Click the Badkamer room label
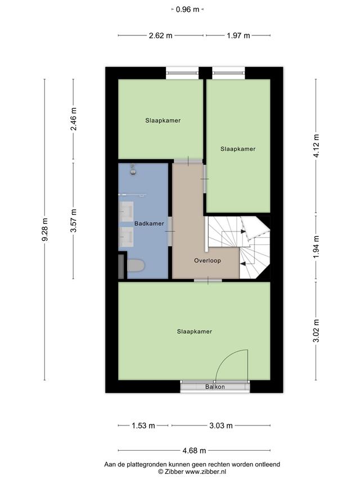click(x=149, y=224)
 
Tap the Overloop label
click(x=207, y=261)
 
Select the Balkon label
click(x=215, y=387)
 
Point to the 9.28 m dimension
click(x=45, y=230)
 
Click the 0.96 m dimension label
click(x=187, y=10)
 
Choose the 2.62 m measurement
click(x=160, y=36)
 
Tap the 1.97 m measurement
click(x=238, y=36)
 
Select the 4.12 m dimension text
click(x=316, y=146)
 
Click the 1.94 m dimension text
click(x=316, y=247)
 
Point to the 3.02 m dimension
click(x=316, y=331)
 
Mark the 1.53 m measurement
click(x=143, y=425)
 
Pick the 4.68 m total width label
click(x=194, y=451)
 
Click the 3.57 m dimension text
click(x=74, y=221)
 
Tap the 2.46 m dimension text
click(x=74, y=119)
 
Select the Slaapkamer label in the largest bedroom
click(x=195, y=331)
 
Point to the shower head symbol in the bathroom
click(x=133, y=170)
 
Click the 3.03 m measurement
click(x=221, y=425)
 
